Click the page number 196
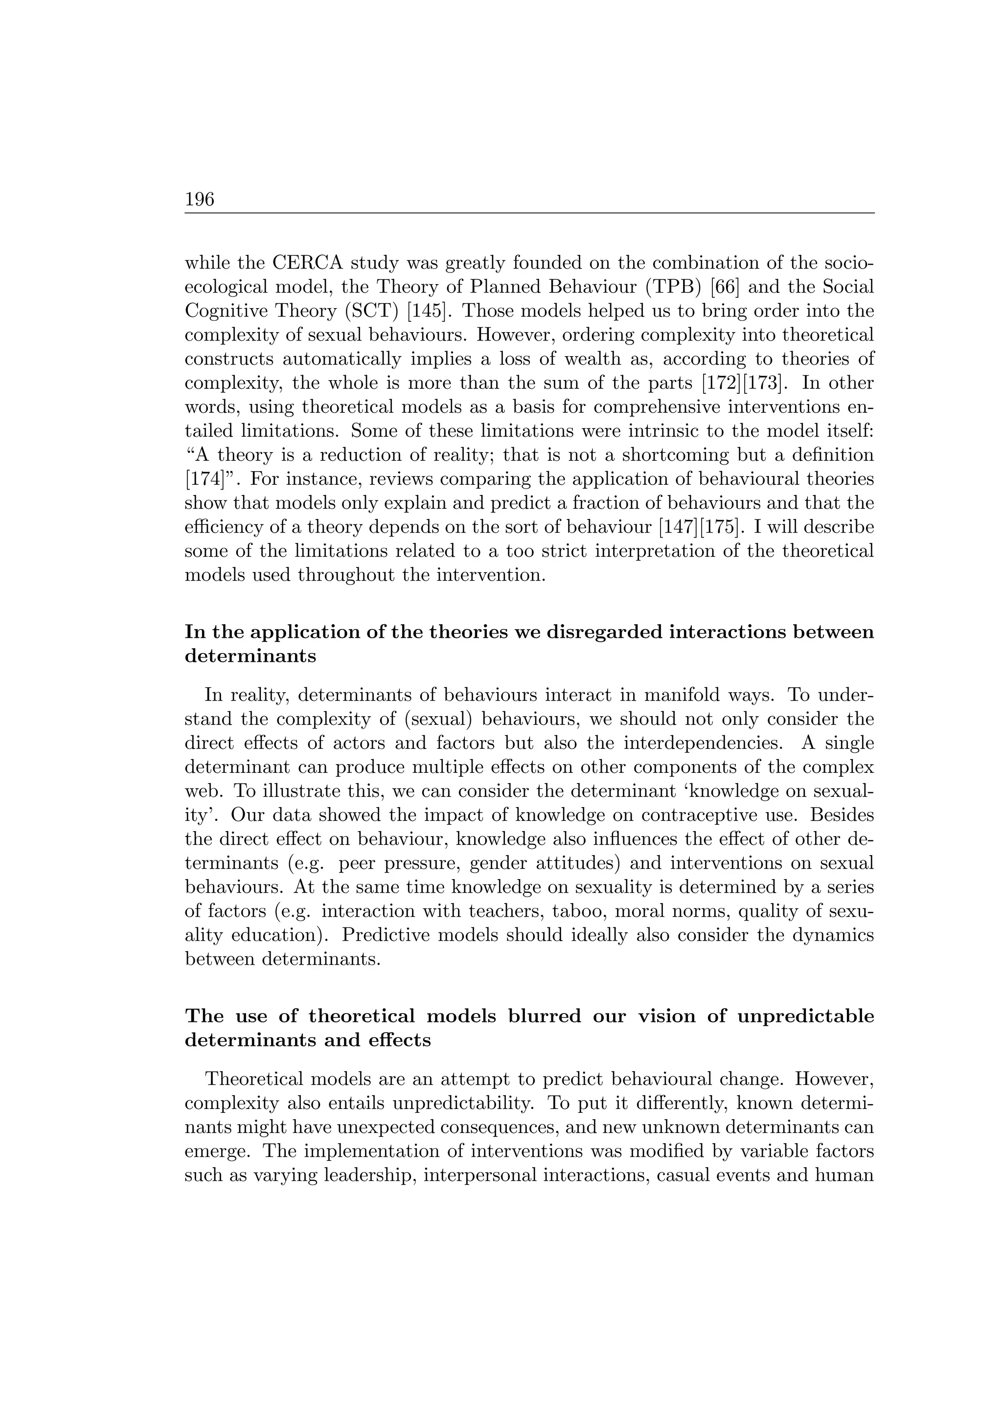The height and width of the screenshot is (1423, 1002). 199,199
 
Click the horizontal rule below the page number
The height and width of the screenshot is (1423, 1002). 529,213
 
